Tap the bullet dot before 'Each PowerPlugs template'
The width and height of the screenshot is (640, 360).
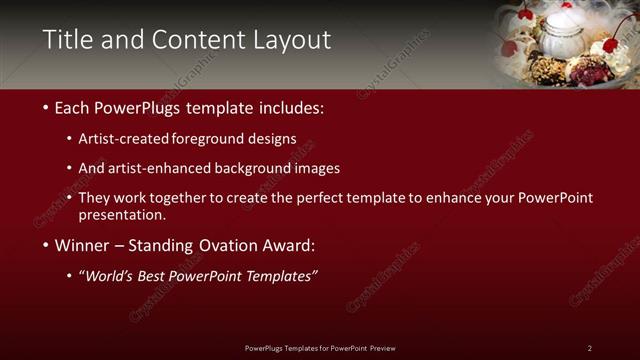pyautogui.click(x=46, y=107)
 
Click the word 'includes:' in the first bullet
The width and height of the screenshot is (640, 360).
pyautogui.click(x=291, y=107)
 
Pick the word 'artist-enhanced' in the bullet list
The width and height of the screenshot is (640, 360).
pyautogui.click(x=175, y=168)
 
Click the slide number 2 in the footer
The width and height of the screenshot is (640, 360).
pyautogui.click(x=589, y=348)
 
